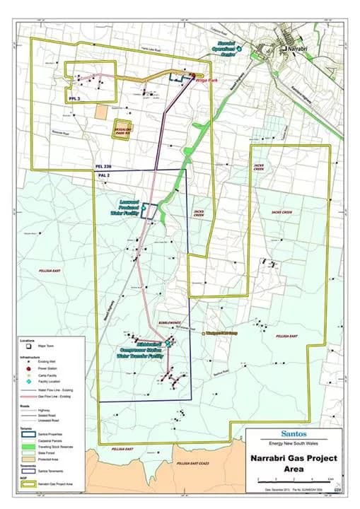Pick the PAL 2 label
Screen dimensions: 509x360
click(x=104, y=174)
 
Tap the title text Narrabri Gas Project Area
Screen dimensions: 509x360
click(x=291, y=462)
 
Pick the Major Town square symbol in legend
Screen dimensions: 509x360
click(x=29, y=347)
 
